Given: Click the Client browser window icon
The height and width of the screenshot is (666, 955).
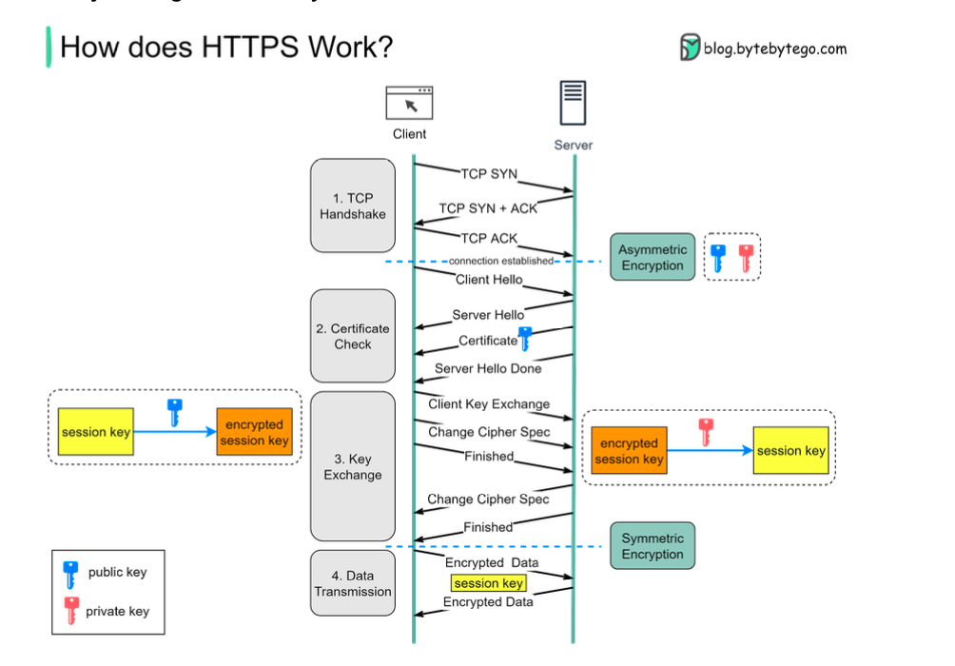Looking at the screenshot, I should tap(409, 103).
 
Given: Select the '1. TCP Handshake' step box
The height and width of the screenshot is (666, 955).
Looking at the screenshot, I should tap(352, 206).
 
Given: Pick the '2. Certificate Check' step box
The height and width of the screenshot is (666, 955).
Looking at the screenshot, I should tap(352, 336).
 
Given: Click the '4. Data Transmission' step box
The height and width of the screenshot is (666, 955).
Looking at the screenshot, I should tap(352, 583).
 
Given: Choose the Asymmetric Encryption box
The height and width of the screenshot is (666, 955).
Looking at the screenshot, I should tap(653, 258).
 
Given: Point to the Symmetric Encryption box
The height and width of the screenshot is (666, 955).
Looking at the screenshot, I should tap(653, 546).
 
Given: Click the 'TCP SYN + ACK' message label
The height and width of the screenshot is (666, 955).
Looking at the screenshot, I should tap(488, 208).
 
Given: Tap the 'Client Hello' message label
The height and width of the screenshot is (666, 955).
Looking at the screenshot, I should tap(488, 280).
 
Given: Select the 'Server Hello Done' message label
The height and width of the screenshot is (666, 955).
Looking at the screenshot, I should tap(488, 368).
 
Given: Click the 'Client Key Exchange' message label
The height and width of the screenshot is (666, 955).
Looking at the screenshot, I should tap(489, 403).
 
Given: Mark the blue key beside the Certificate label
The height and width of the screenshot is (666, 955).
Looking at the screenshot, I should tap(523, 339).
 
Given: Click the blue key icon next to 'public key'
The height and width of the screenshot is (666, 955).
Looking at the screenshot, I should tap(70, 575).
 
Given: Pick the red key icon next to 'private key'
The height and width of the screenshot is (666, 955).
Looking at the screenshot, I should tap(70, 611).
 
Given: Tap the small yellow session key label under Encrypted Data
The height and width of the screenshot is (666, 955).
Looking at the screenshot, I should tap(488, 583).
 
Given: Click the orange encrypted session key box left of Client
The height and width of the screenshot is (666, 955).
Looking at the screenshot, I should tap(254, 433).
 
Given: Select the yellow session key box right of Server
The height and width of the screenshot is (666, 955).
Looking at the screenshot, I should tap(790, 451).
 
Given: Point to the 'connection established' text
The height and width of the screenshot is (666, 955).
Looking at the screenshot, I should tap(500, 261).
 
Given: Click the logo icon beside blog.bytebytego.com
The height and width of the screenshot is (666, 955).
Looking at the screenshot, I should tap(690, 48).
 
